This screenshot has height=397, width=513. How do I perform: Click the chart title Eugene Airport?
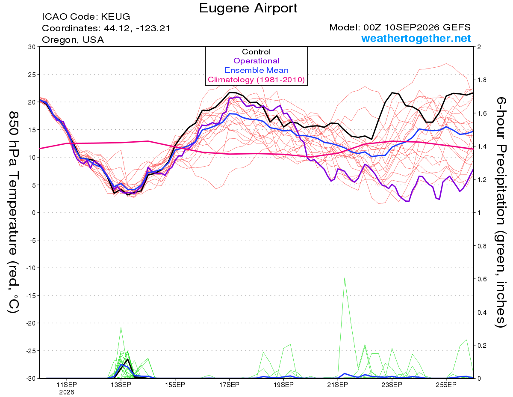pyautogui.click(x=248, y=8)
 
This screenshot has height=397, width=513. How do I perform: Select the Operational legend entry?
pyautogui.click(x=256, y=61)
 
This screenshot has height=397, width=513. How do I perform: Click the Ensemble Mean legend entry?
pyautogui.click(x=256, y=70)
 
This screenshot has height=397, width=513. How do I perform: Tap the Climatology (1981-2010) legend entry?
pyautogui.click(x=256, y=80)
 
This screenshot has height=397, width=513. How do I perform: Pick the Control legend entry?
pyautogui.click(x=256, y=51)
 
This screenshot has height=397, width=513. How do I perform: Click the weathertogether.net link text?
pyautogui.click(x=416, y=38)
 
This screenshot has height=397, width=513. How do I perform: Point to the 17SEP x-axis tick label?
pyautogui.click(x=229, y=385)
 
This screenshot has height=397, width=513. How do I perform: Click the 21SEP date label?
pyautogui.click(x=338, y=385)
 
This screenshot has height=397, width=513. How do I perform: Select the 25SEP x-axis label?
pyautogui.click(x=446, y=385)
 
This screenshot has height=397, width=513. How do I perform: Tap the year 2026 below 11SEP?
pyautogui.click(x=67, y=393)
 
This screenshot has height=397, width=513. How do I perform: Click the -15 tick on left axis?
pyautogui.click(x=31, y=296)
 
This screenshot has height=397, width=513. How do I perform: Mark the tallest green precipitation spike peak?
pyautogui.click(x=345, y=278)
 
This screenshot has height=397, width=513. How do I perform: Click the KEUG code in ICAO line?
pyautogui.click(x=115, y=17)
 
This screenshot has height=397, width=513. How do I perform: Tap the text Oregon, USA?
pyautogui.click(x=73, y=40)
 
